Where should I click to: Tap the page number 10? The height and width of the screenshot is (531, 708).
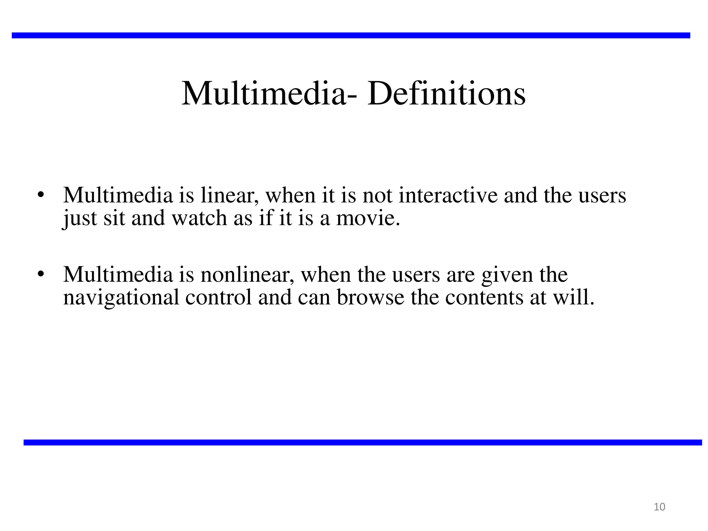(x=660, y=507)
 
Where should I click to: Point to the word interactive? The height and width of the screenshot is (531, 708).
(x=448, y=195)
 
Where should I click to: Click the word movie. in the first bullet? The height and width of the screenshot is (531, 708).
(x=368, y=218)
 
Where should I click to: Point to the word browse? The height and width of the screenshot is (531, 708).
(x=370, y=297)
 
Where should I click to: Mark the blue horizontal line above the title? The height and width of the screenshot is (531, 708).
(x=351, y=35)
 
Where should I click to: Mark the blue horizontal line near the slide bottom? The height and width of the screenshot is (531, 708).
(x=363, y=442)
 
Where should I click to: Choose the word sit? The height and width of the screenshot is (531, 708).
(x=114, y=218)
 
